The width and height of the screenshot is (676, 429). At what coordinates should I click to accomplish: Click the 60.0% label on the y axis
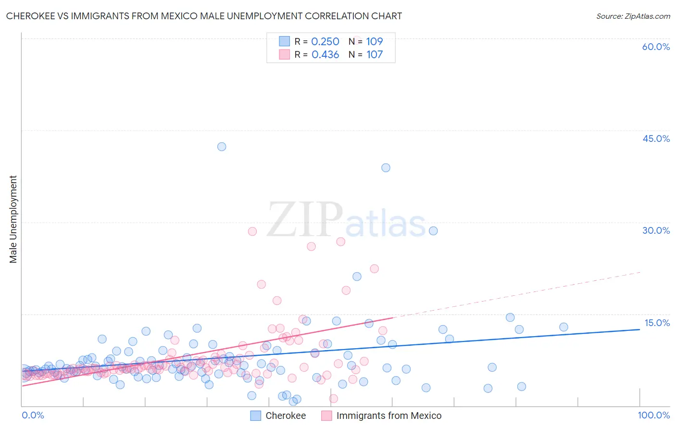click(656, 47)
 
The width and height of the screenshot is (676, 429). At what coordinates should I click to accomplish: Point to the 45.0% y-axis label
click(656, 139)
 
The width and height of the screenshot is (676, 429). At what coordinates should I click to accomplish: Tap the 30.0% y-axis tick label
click(656, 230)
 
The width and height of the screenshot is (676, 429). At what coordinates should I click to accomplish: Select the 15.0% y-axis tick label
click(657, 323)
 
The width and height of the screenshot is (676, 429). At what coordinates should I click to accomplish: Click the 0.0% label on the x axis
click(33, 415)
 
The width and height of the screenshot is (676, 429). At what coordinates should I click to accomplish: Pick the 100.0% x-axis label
click(654, 415)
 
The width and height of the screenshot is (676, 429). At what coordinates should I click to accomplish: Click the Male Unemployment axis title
click(13, 219)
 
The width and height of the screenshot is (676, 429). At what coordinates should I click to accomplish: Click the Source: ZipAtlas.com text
click(633, 16)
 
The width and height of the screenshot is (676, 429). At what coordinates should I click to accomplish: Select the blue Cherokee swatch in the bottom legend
click(256, 416)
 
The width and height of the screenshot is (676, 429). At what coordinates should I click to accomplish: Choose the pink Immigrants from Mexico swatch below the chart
click(326, 416)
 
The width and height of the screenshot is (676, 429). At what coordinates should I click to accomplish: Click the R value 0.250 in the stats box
click(325, 41)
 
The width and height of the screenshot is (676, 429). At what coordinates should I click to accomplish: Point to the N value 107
click(375, 54)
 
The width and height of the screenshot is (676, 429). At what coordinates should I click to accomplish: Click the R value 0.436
click(325, 54)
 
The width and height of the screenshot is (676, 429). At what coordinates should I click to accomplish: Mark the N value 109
click(375, 41)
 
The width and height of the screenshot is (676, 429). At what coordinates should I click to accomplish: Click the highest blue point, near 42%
click(222, 147)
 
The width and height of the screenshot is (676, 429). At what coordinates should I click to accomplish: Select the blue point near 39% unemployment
click(386, 168)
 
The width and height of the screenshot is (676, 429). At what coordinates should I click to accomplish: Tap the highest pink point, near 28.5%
click(252, 231)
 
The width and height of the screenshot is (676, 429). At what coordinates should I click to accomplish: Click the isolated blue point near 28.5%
click(433, 231)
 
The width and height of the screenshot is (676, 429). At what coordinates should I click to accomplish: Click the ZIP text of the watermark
click(305, 220)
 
